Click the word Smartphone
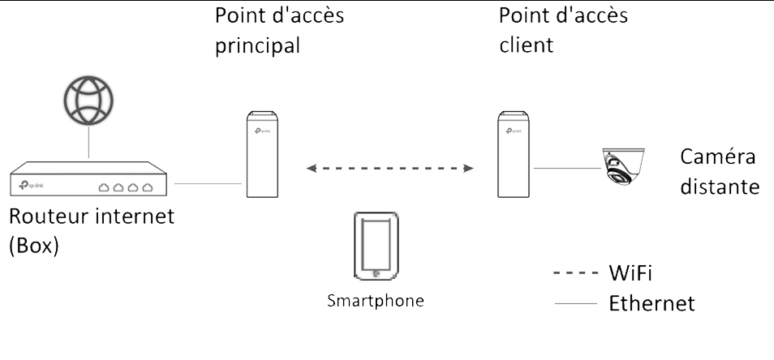376,302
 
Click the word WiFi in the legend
630,271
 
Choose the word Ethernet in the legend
651,304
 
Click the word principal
257,45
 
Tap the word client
526,45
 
